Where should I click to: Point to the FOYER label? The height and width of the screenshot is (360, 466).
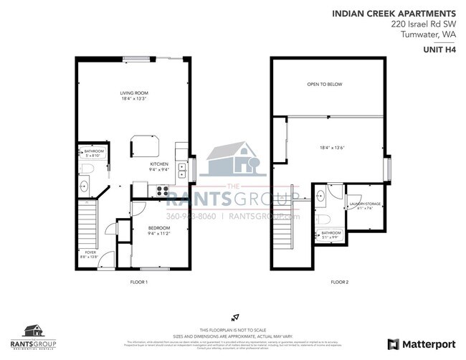point(90,252)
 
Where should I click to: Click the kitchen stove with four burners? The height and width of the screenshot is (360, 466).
point(162,191)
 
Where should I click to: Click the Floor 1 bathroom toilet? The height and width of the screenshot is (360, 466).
point(86,168)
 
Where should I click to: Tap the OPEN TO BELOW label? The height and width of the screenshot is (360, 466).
point(324,85)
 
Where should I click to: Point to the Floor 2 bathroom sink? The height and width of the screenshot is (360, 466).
point(320,195)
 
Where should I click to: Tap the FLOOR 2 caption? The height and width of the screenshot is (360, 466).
point(339,282)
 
